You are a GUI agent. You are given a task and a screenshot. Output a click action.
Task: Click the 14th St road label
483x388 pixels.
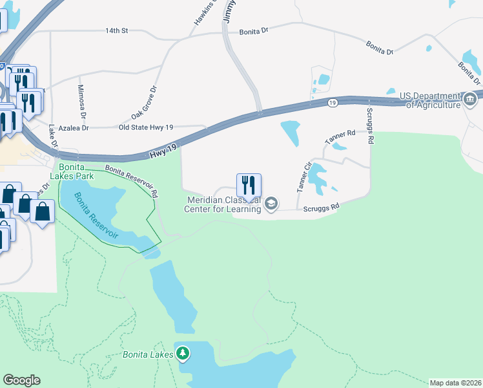click(x=118, y=30)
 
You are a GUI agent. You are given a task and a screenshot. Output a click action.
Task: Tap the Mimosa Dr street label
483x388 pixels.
click(x=82, y=102)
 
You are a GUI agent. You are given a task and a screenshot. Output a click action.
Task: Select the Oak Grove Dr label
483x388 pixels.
click(x=145, y=102)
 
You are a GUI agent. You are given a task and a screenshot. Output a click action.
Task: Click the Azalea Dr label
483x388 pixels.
click(x=73, y=129)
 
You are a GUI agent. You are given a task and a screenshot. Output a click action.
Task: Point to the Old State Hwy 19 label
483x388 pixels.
click(x=147, y=128)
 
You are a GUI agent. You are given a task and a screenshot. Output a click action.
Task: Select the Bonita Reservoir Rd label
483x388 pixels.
click(x=132, y=180)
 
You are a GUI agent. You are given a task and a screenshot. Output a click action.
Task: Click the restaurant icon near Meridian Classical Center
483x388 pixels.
click(x=249, y=185)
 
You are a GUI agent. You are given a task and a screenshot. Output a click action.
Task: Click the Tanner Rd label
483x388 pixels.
click(x=340, y=136)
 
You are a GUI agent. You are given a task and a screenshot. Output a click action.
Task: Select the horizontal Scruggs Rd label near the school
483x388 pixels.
click(x=321, y=208)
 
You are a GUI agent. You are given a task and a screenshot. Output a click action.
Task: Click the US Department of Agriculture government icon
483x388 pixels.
click(x=470, y=100)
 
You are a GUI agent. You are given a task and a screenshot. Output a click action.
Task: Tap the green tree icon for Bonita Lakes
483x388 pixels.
click(x=184, y=354)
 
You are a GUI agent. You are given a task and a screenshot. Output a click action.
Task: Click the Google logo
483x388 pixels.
click(x=21, y=380)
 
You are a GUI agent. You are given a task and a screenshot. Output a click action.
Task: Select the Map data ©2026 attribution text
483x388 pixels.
click(x=455, y=383)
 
